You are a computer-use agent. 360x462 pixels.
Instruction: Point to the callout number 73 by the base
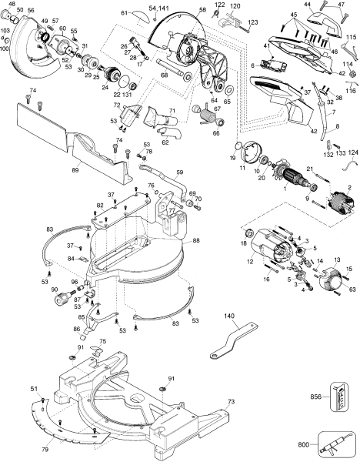[x=231, y=401]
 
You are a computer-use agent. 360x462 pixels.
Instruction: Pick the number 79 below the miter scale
[x=45, y=449]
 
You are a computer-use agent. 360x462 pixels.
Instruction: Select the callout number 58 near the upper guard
[x=202, y=10]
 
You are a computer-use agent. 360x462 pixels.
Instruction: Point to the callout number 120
[x=235, y=5]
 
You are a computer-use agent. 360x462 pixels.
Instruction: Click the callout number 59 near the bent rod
[x=179, y=172]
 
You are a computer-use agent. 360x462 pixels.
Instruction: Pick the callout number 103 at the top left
[x=6, y=31]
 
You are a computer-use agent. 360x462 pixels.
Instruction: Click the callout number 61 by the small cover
[x=125, y=13]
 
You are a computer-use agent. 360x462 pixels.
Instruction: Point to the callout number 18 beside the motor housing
[x=245, y=243]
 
